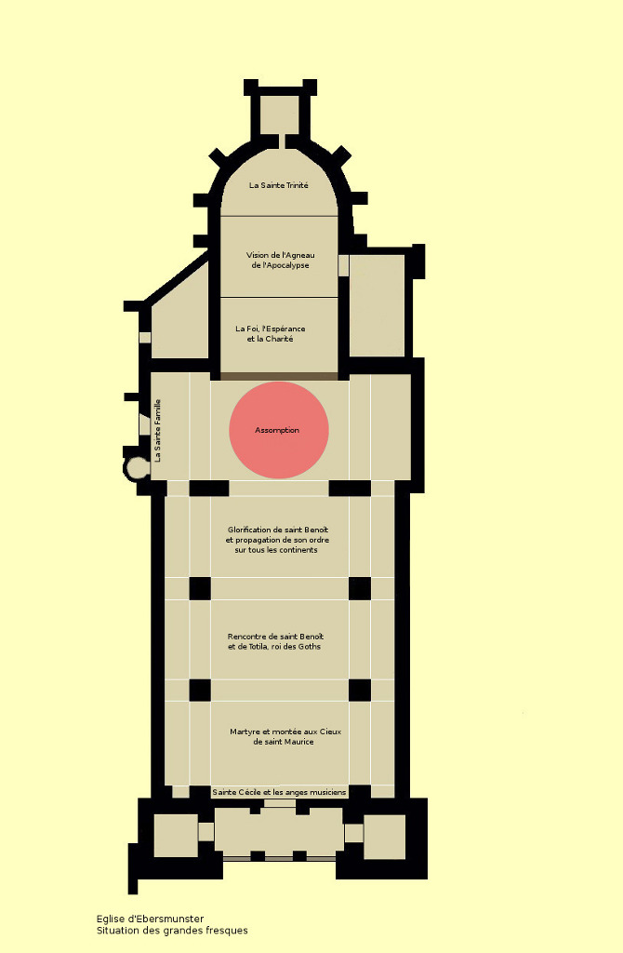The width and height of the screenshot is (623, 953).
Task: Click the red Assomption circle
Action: pyautogui.click(x=279, y=430)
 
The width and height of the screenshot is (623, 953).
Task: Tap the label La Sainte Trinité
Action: pyautogui.click(x=279, y=185)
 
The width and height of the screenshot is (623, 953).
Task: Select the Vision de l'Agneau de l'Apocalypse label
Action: pyautogui.click(x=281, y=261)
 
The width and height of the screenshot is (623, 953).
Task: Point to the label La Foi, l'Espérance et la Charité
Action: pyautogui.click(x=271, y=334)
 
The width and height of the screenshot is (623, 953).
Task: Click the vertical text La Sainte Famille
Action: pyautogui.click(x=158, y=430)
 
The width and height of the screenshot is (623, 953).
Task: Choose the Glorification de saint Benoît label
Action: pyautogui.click(x=277, y=540)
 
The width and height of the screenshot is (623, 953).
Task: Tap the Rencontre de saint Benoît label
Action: pyautogui.click(x=275, y=641)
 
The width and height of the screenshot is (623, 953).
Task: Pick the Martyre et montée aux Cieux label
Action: pyautogui.click(x=285, y=737)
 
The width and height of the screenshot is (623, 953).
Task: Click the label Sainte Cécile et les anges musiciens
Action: pyautogui.click(x=279, y=792)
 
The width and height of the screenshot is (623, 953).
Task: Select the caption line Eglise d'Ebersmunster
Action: pyautogui.click(x=150, y=919)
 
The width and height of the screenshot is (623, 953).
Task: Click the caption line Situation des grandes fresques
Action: pyautogui.click(x=172, y=931)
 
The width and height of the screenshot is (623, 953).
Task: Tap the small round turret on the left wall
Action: pyautogui.click(x=136, y=469)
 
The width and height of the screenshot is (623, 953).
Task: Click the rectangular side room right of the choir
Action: pyautogui.click(x=378, y=305)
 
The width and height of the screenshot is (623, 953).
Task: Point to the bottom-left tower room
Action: pyautogui.click(x=176, y=836)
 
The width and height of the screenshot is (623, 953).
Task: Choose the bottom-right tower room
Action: pyautogui.click(x=384, y=837)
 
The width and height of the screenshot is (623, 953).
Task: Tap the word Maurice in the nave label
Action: pyautogui.click(x=298, y=742)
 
